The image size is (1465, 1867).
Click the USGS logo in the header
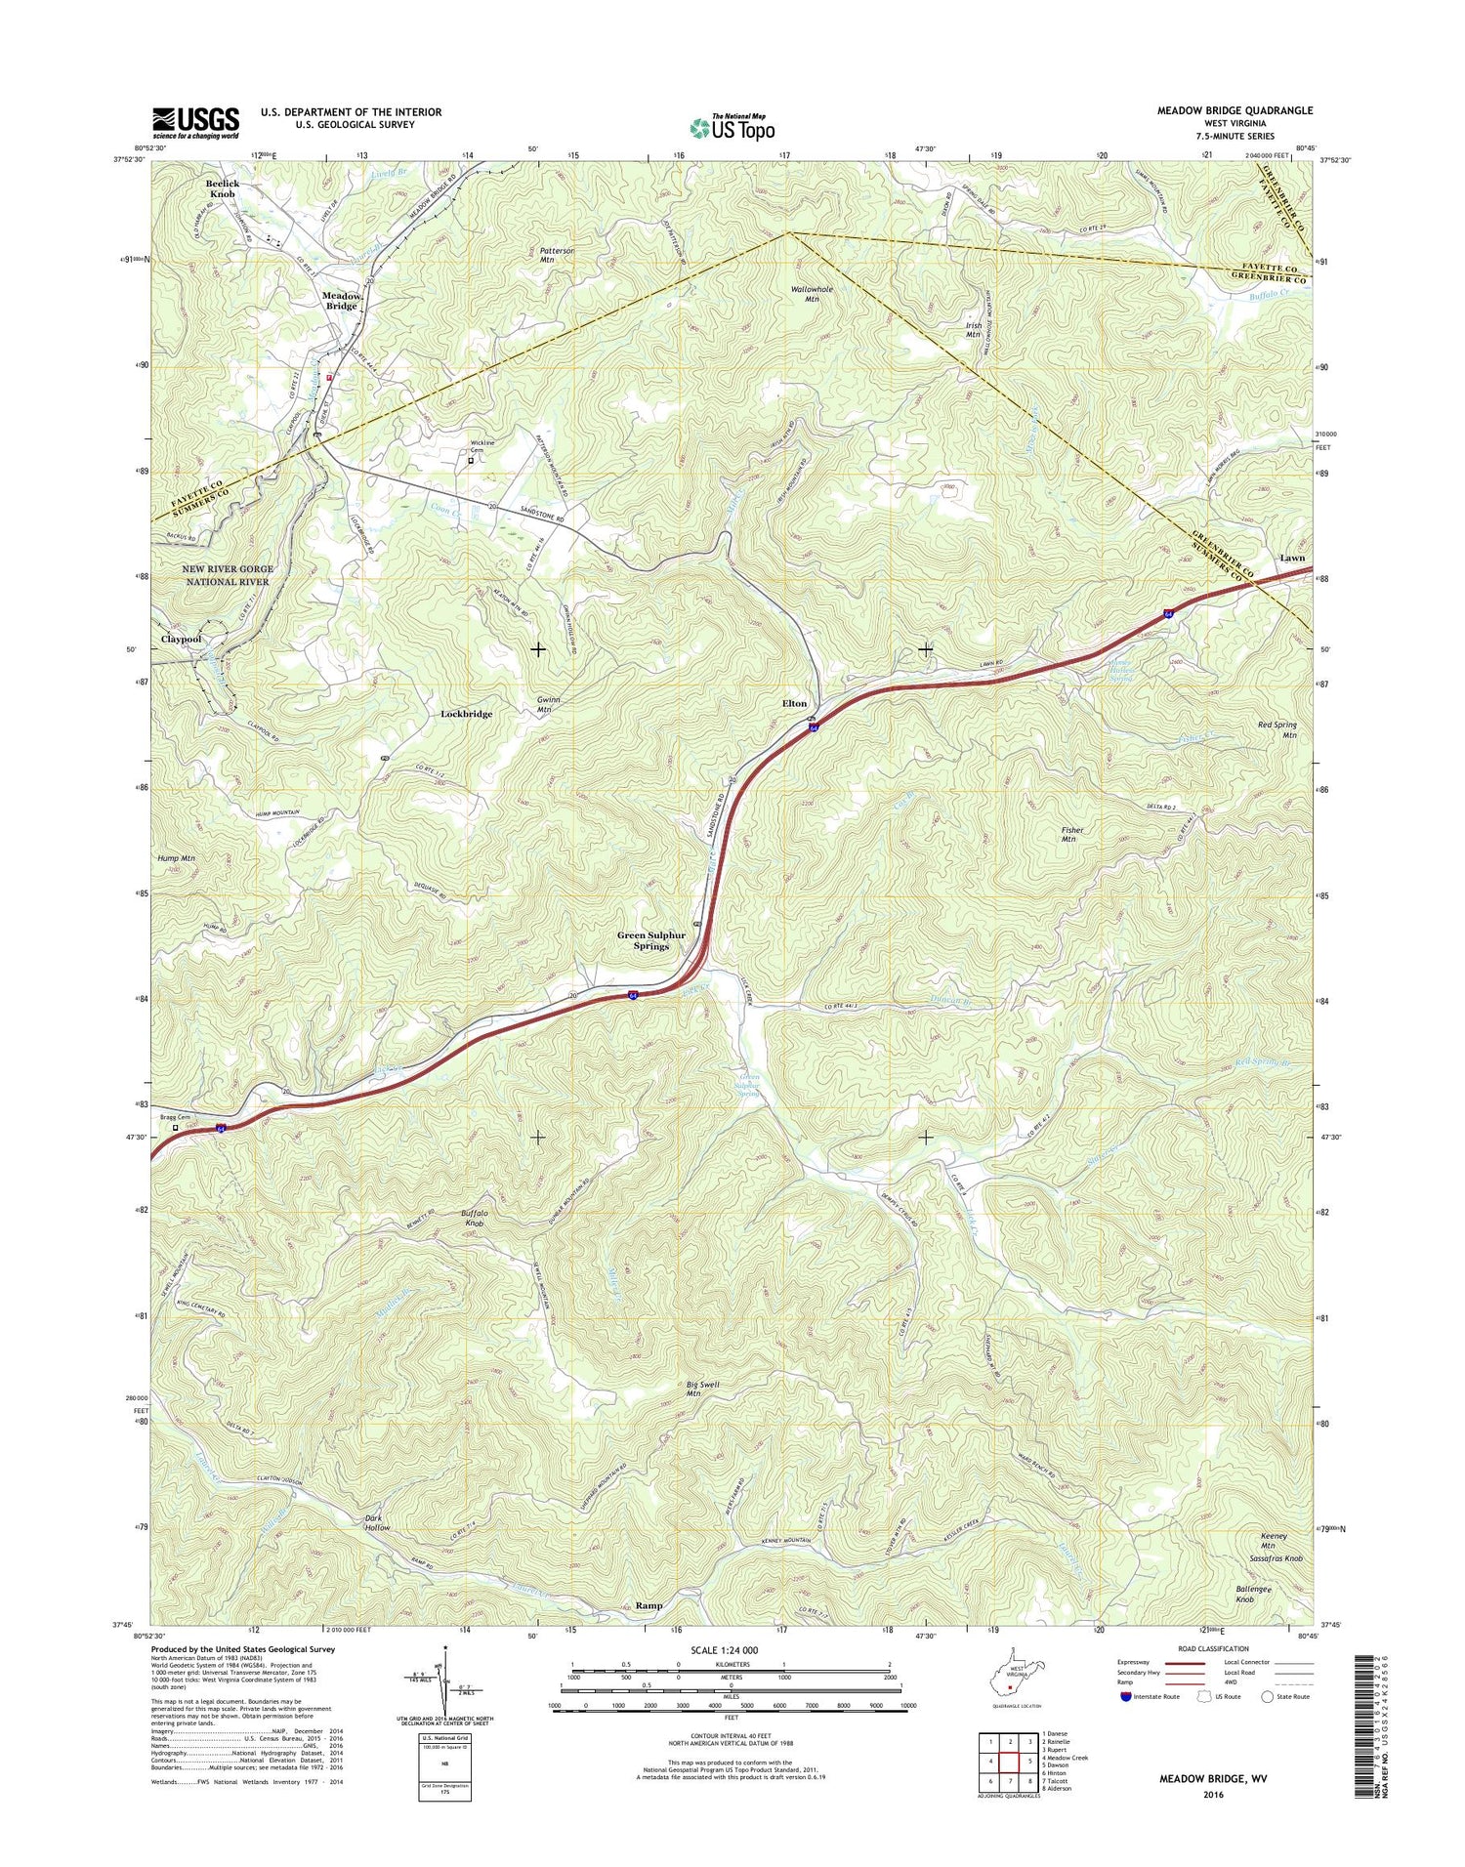tap(195, 123)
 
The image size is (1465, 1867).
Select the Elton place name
tap(794, 704)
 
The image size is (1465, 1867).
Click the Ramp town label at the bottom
tap(649, 1605)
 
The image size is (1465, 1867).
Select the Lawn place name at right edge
tap(1291, 559)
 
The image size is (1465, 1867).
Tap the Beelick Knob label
tap(222, 188)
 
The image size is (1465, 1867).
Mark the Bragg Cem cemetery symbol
tap(176, 1128)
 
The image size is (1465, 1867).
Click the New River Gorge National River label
tap(227, 575)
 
